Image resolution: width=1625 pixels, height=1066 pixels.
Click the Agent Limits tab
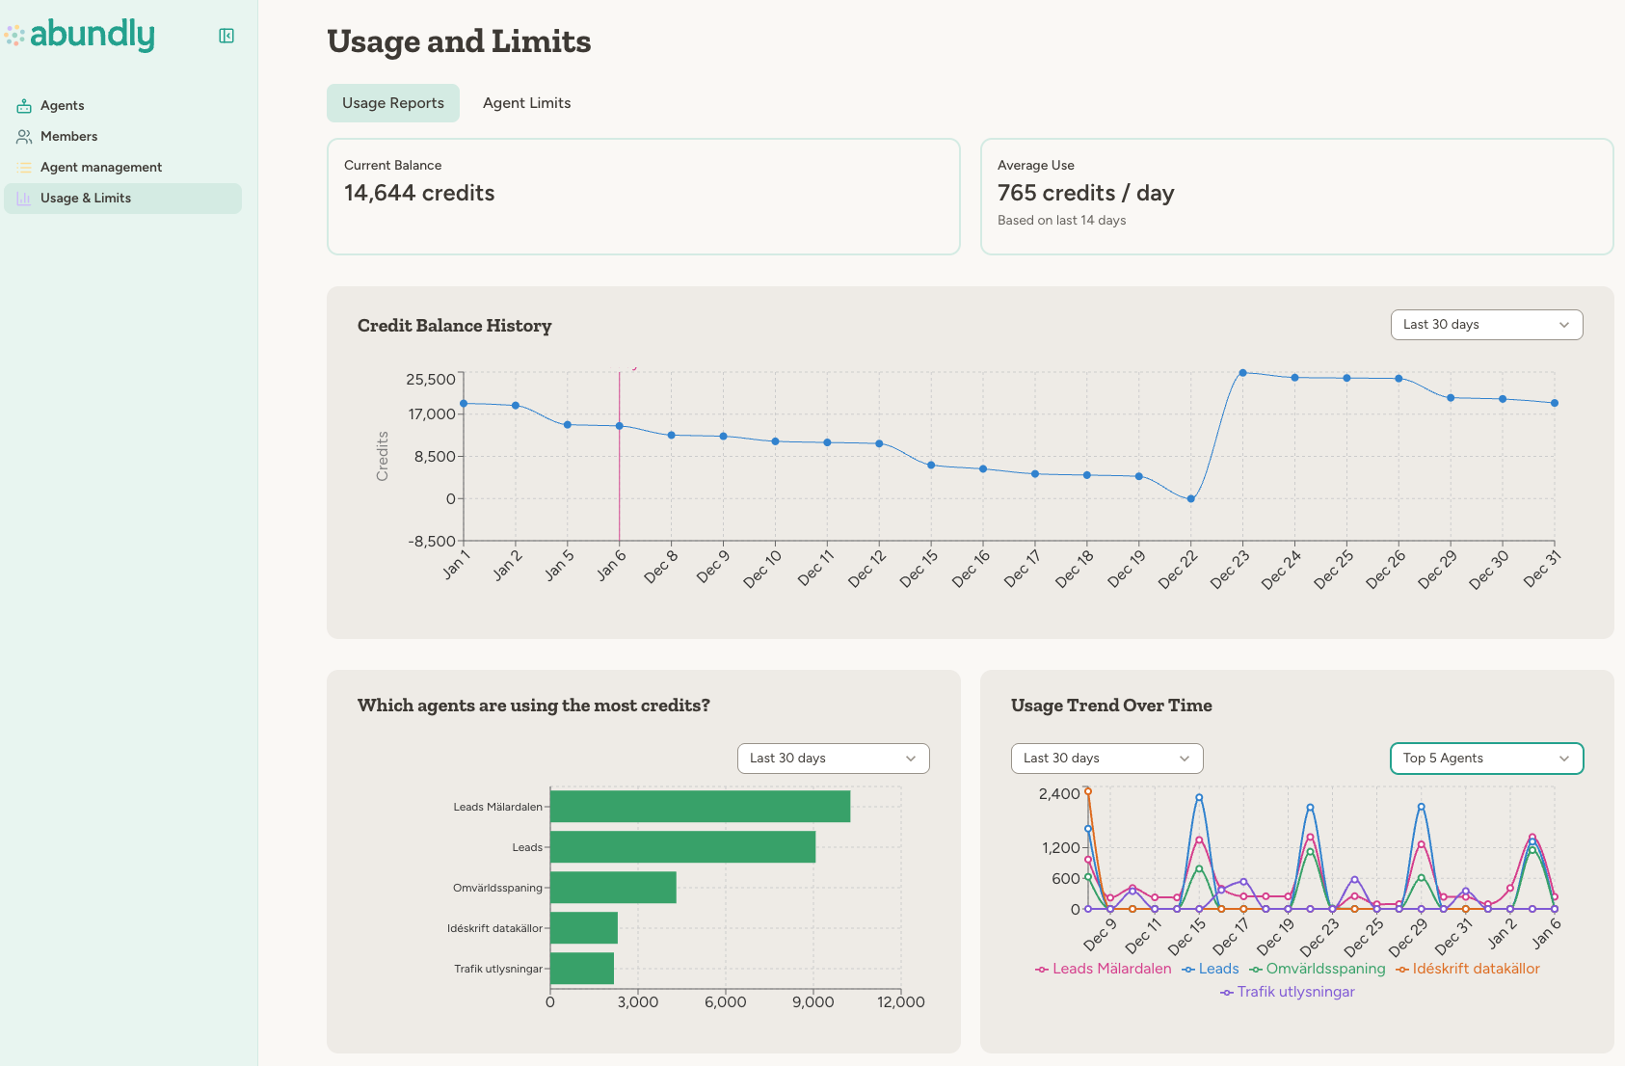526,103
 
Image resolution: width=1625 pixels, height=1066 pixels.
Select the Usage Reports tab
393,103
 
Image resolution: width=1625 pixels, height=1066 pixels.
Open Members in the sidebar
68,136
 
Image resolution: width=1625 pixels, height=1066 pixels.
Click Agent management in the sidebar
100,167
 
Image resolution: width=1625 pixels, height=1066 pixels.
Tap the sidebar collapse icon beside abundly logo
226,36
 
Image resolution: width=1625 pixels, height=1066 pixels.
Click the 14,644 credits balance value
419,193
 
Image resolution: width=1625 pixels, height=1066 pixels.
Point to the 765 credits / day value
1085,193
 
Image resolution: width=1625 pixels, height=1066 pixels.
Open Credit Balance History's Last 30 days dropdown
1485,325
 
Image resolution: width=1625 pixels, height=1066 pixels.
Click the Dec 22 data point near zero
1191,498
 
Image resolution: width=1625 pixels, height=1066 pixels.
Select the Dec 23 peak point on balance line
1242,373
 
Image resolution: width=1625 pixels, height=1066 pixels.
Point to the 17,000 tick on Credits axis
432,414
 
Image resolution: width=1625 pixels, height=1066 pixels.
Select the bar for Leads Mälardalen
700,807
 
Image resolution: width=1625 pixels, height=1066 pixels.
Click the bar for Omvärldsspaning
613,888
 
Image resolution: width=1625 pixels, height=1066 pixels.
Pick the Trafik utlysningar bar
582,969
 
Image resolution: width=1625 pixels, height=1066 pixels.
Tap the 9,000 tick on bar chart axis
812,1002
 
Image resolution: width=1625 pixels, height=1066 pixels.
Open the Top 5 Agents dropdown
1485,759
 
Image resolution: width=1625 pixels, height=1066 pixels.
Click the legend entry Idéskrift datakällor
1475,969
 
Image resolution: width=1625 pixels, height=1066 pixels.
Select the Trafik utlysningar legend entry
1294,992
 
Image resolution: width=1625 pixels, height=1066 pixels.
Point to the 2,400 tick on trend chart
1058,794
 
